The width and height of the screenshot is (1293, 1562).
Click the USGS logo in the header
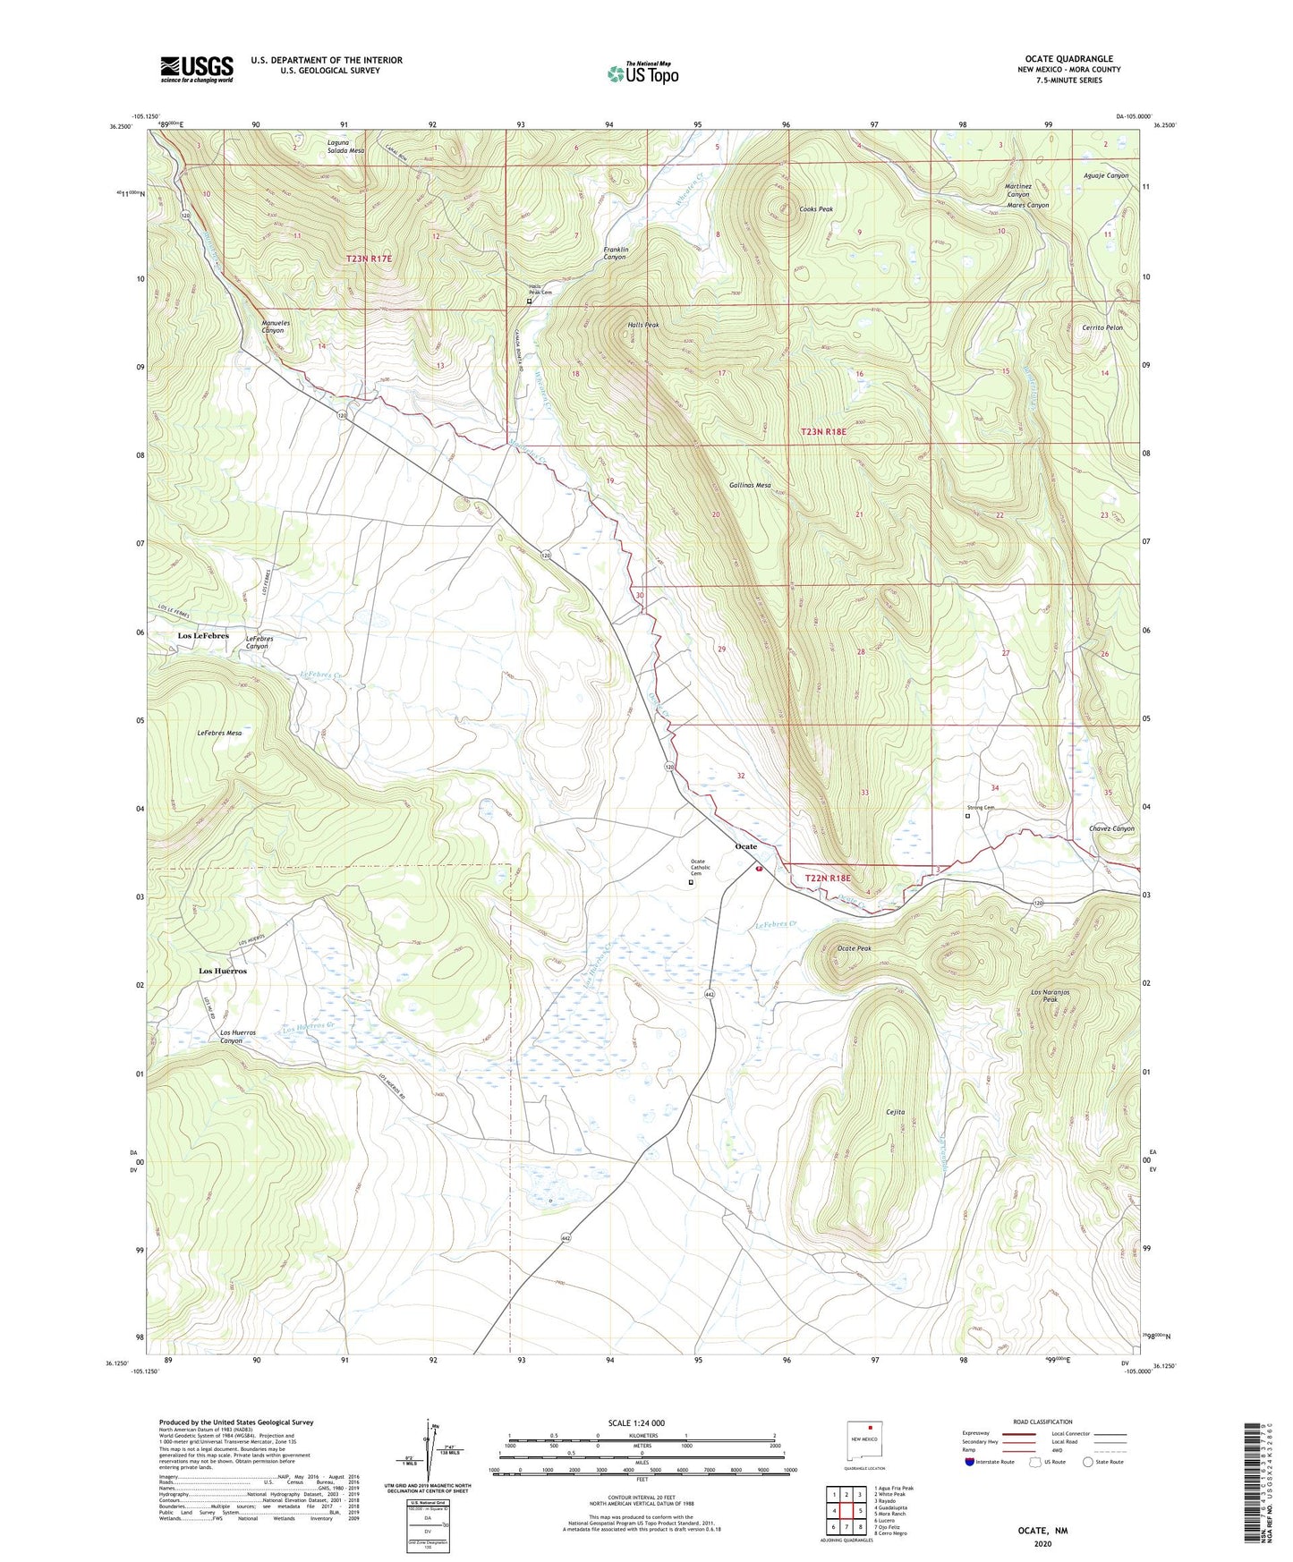click(197, 69)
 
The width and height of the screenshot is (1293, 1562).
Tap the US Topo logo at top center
click(642, 73)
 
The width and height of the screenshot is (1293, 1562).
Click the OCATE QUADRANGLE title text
click(1068, 58)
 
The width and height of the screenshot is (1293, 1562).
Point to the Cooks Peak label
click(815, 209)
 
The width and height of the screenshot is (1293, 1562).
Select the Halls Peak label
click(642, 325)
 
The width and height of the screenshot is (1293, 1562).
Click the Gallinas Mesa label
click(750, 485)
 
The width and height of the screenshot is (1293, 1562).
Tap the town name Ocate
click(745, 846)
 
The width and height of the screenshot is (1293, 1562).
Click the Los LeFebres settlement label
click(203, 635)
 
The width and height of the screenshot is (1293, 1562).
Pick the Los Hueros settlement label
click(222, 971)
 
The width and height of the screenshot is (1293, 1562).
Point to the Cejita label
click(896, 1112)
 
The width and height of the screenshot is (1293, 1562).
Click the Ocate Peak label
click(854, 948)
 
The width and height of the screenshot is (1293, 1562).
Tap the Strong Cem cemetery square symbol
click(967, 815)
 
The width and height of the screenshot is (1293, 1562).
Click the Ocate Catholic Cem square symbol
click(690, 882)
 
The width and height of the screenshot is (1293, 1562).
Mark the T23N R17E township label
click(369, 259)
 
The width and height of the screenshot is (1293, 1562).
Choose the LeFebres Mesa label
click(219, 733)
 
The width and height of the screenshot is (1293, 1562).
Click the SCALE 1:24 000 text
click(642, 1422)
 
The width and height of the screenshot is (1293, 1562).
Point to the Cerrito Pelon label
click(1102, 327)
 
